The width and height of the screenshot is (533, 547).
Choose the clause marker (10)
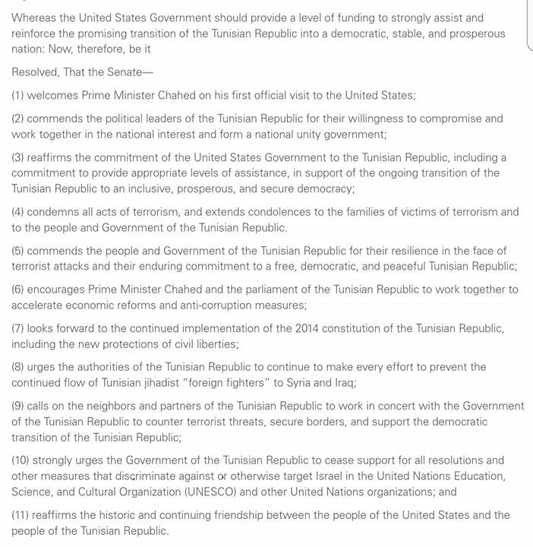pyautogui.click(x=23, y=460)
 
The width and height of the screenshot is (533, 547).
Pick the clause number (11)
pyautogui.click(x=23, y=515)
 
